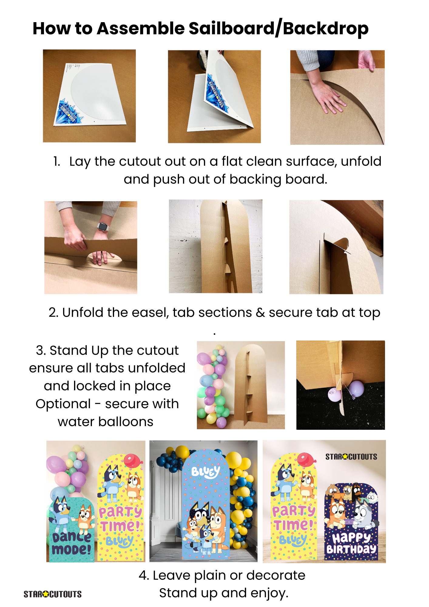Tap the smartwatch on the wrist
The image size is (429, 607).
[103, 226]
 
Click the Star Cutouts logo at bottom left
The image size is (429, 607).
[52, 594]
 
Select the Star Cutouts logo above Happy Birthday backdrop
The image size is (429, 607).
[351, 457]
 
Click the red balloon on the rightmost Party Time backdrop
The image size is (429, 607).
[306, 459]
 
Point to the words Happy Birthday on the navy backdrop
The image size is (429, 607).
[351, 544]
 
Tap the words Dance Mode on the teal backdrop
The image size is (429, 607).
[72, 543]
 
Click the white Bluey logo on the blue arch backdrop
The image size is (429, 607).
[206, 472]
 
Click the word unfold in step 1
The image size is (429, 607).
[361, 161]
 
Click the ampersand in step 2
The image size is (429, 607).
[260, 313]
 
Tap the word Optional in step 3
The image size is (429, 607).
[63, 404]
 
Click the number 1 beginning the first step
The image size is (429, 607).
[56, 161]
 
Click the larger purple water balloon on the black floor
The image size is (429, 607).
[356, 388]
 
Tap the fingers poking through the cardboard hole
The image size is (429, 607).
[99, 257]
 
